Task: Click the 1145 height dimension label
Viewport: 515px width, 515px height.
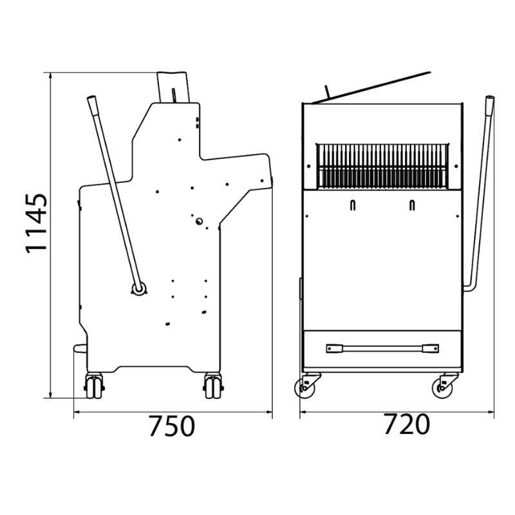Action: point(37,223)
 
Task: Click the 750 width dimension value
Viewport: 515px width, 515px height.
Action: point(172,426)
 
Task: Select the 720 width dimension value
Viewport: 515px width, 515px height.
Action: point(407,424)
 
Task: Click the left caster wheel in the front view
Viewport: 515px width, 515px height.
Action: point(304,388)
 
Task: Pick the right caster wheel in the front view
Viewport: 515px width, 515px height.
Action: point(442,388)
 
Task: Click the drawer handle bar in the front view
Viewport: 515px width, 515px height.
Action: point(382,348)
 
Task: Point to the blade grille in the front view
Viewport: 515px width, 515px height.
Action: point(382,166)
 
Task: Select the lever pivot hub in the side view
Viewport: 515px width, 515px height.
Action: point(138,289)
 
